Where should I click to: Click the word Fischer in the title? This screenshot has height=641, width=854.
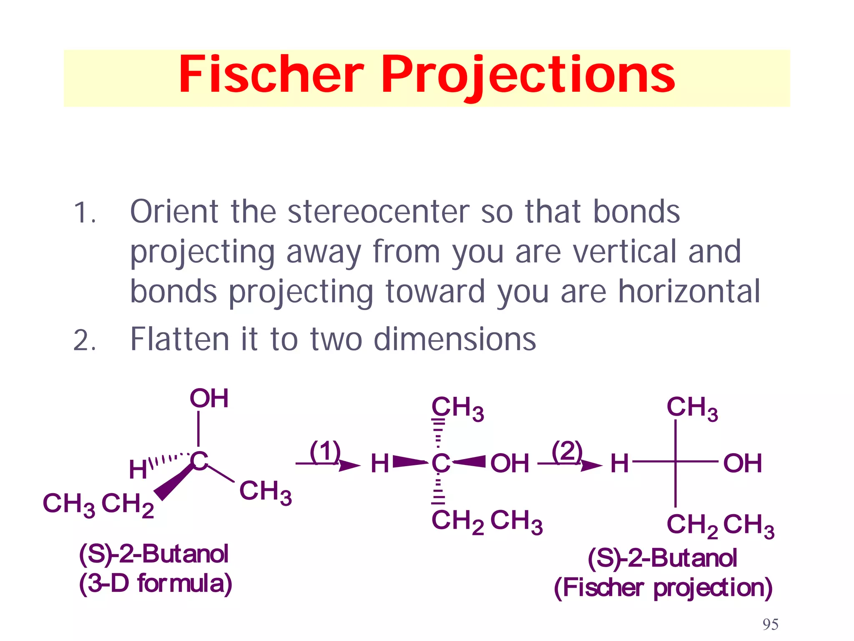click(x=271, y=75)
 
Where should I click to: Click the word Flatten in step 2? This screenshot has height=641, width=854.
click(x=180, y=339)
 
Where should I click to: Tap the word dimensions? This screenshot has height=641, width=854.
click(x=455, y=339)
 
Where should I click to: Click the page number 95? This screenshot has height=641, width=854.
click(x=770, y=624)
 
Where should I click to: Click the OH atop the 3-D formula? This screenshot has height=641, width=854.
click(x=209, y=399)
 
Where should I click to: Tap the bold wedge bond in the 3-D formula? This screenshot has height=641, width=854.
click(x=173, y=482)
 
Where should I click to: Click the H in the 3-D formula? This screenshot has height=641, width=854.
click(x=138, y=470)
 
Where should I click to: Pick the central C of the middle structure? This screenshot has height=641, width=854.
click(x=440, y=463)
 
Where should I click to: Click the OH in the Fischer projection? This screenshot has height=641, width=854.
click(x=743, y=464)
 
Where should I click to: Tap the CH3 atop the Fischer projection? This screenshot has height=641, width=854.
click(x=692, y=408)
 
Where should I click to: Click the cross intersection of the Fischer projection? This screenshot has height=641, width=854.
click(x=676, y=462)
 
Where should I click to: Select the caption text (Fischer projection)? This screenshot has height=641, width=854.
click(x=663, y=588)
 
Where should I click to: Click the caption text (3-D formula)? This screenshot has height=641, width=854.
click(x=155, y=584)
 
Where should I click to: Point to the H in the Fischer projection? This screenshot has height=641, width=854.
click(x=619, y=464)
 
